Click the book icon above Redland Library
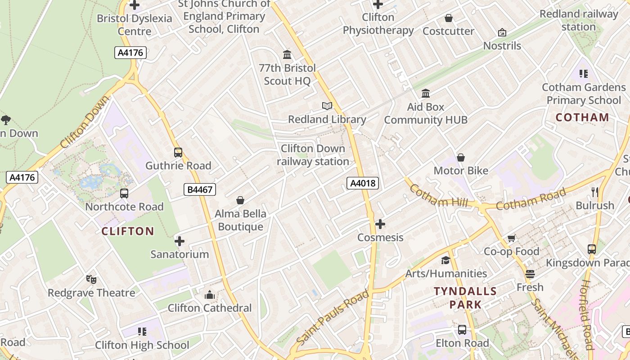pos(327,106)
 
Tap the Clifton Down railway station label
pos(313,155)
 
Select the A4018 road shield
pos(363,183)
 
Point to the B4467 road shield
pos(200,189)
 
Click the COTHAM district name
pos(582,117)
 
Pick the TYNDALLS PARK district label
pos(465,298)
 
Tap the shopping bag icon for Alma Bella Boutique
pos(240,200)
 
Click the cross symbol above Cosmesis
pos(380,224)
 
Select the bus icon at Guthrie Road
pos(178,153)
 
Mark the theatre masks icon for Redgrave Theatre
pos(91,279)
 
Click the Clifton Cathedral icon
pos(209,295)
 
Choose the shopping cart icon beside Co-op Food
pos(511,238)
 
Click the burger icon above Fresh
pos(530,274)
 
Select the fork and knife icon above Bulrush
pos(595,192)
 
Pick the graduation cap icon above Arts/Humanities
pos(445,260)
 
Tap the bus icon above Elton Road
pos(462,330)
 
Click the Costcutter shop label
pos(448,31)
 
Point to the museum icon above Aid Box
pos(425,94)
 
